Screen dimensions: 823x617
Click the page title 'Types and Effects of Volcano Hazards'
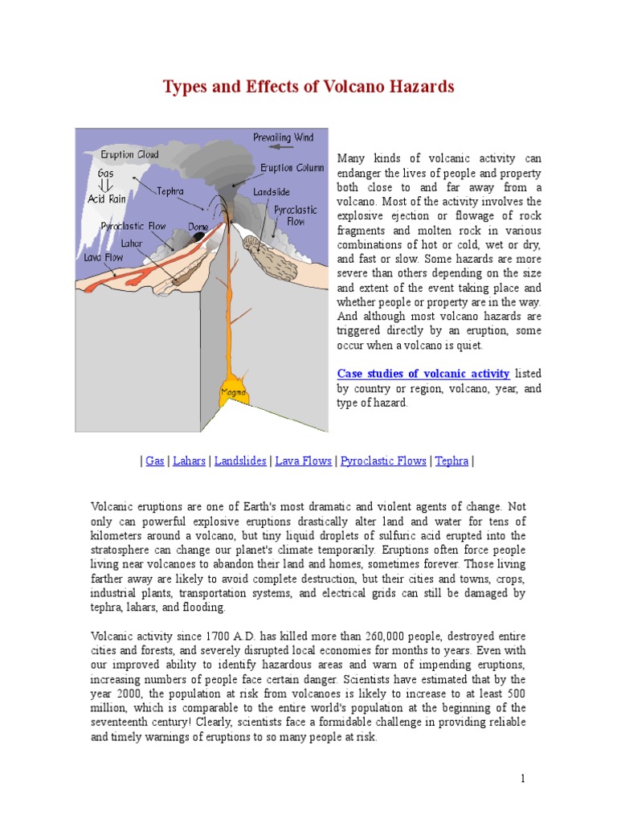[x=308, y=87]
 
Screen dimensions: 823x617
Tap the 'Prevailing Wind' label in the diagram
[x=283, y=137]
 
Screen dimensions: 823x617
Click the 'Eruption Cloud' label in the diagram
[x=129, y=154]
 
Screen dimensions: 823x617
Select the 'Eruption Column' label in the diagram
[x=292, y=168]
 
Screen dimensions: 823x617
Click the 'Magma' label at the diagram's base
[x=234, y=392]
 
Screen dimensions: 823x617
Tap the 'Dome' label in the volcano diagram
[x=198, y=227]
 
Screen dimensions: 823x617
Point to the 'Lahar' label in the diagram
[x=132, y=242]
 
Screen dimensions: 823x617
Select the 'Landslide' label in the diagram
[x=271, y=192]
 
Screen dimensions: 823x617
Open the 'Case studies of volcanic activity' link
[x=423, y=374]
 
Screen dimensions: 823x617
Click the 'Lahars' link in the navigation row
[x=188, y=461]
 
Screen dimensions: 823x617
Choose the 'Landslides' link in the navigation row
[x=240, y=461]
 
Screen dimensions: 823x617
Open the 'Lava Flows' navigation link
[x=304, y=461]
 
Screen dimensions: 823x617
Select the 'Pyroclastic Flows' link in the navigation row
[x=383, y=461]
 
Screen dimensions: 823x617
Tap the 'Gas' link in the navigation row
[x=154, y=461]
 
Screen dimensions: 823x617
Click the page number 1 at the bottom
[x=522, y=779]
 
